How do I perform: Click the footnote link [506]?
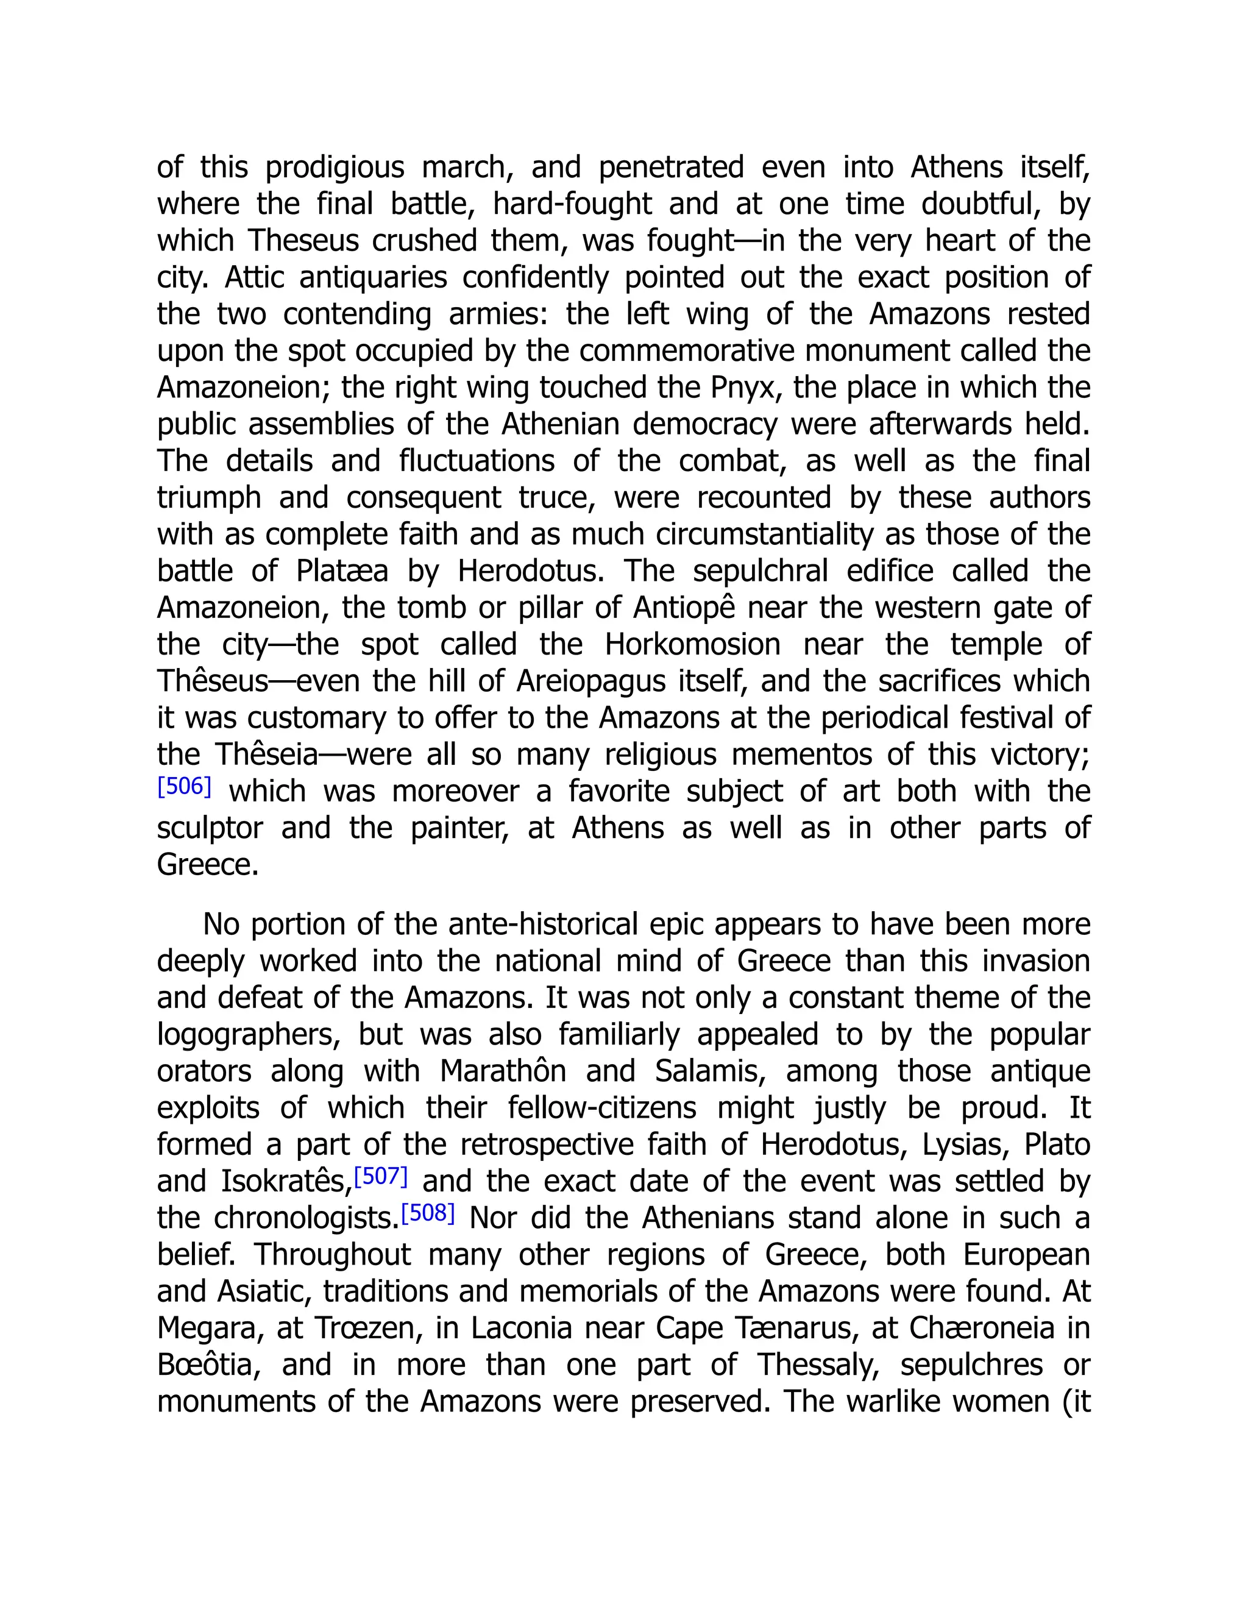[x=184, y=786]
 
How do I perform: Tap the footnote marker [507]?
[x=381, y=1176]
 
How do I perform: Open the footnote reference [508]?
[x=427, y=1213]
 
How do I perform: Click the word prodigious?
[x=335, y=168]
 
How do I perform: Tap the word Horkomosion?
[x=693, y=645]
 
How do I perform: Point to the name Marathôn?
[x=503, y=1071]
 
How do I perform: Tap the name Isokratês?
[x=286, y=1182]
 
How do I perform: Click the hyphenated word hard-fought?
[x=572, y=205]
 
